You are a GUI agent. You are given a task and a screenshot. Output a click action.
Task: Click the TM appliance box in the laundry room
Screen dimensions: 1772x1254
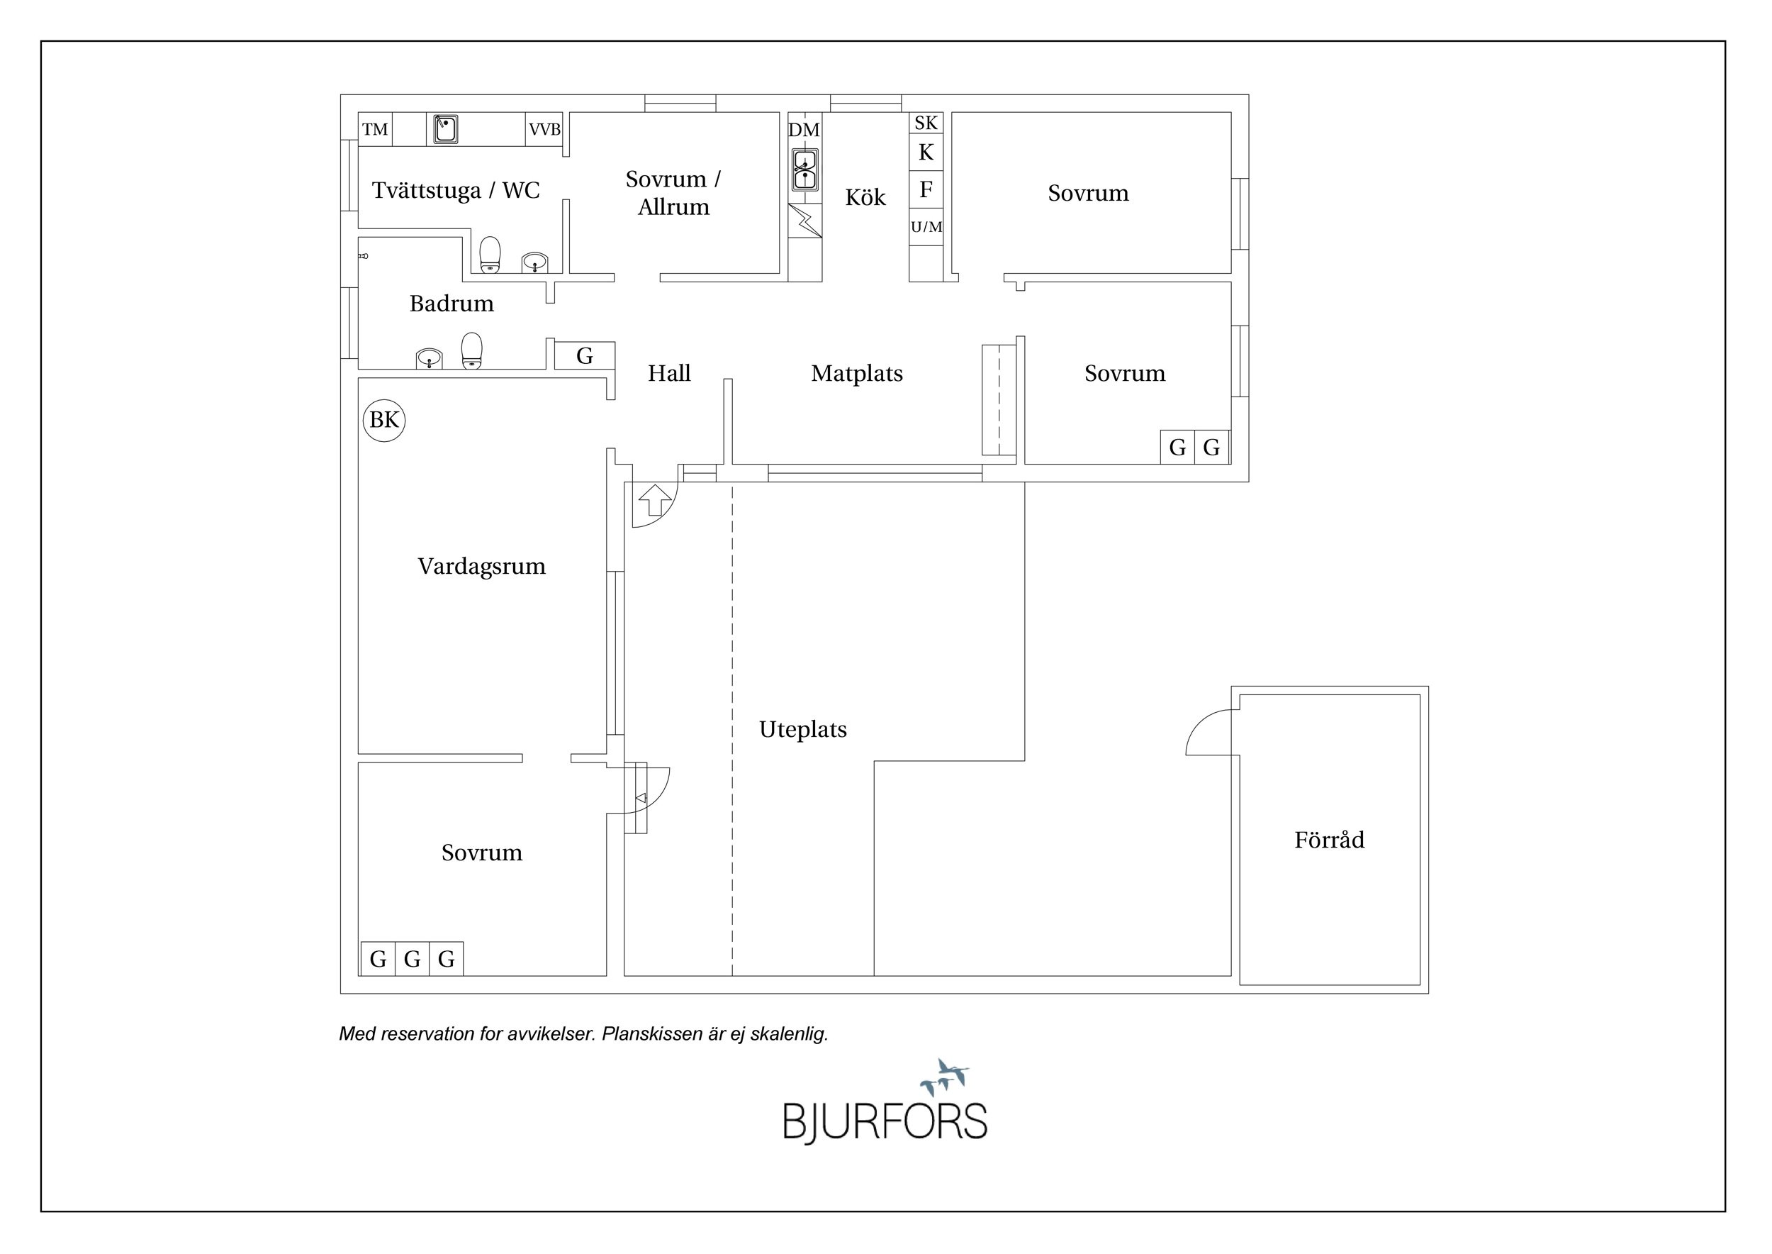pos(375,129)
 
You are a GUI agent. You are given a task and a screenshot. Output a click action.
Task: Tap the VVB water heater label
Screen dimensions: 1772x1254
pos(544,130)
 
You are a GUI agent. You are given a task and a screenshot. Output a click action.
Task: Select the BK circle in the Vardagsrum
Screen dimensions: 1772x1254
pos(384,420)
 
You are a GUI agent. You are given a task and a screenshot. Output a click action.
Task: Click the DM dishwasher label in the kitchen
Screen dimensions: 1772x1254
pos(804,130)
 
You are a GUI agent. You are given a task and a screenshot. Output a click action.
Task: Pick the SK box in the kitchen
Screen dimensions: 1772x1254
pos(926,123)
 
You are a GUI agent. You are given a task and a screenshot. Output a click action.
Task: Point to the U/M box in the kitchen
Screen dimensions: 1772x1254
pos(926,227)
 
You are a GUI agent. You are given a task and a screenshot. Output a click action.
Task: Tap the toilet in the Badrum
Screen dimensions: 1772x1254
pos(471,350)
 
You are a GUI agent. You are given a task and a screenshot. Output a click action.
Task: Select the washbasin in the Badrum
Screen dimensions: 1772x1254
pos(429,358)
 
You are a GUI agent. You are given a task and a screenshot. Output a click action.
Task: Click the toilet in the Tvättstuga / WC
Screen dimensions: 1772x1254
pos(490,255)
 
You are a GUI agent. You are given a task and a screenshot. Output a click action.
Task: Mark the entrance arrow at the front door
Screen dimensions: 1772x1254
pos(655,499)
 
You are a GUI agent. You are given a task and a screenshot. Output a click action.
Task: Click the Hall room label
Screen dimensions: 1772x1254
pos(669,374)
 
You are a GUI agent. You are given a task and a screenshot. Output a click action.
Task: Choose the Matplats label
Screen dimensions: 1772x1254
pos(857,374)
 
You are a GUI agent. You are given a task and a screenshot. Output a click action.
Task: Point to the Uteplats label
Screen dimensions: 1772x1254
pos(802,730)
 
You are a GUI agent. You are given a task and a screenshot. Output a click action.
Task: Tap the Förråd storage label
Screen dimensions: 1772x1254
pos(1329,839)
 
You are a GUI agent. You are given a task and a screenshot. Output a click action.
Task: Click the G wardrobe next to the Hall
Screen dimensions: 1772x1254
pos(585,356)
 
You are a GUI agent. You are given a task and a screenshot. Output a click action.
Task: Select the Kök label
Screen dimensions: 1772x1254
pos(865,197)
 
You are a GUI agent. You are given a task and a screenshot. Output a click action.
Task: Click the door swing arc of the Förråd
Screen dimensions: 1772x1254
pos(1209,732)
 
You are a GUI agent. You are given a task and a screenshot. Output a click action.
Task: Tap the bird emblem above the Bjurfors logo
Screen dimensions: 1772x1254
pos(945,1077)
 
